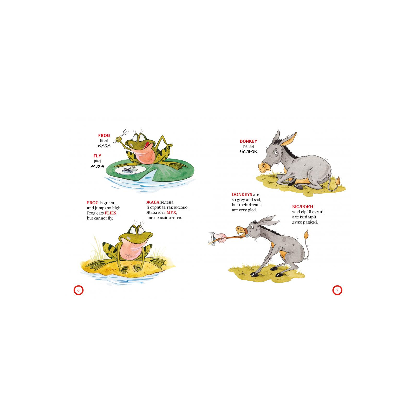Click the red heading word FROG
(104, 135)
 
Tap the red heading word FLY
(97, 156)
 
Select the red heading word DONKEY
(248, 141)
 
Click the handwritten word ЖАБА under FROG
(104, 146)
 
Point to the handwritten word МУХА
(97, 166)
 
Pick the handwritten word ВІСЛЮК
(248, 152)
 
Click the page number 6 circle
(79, 290)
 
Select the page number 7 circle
(337, 290)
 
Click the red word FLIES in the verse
(110, 213)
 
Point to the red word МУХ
(171, 212)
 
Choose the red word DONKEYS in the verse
(242, 194)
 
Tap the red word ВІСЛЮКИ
(303, 207)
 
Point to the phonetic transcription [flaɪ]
(97, 161)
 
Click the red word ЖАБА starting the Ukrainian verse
(153, 202)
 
